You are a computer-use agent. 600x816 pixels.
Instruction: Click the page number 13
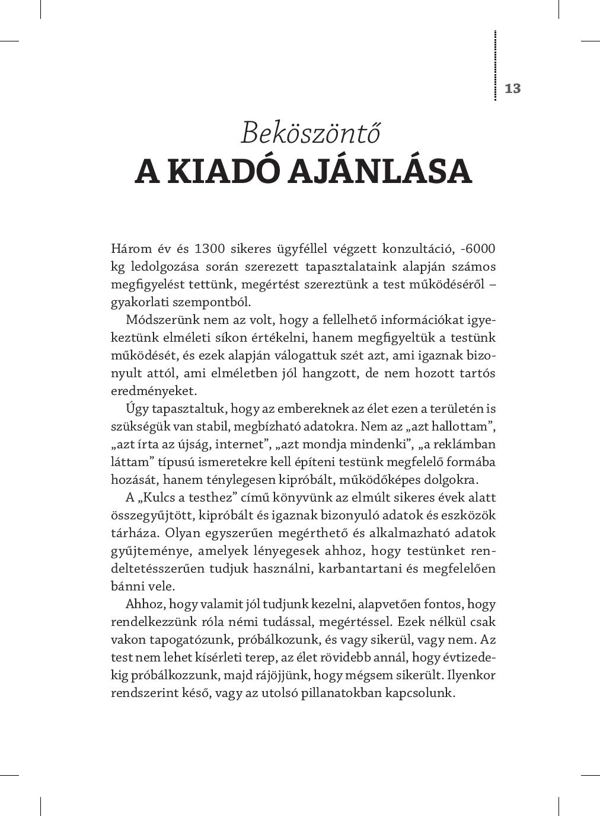tap(512, 89)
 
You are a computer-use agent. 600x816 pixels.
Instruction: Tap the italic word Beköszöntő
tap(310, 133)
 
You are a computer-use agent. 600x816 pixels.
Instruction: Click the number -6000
tap(478, 249)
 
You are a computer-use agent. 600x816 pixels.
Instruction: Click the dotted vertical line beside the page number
tap(495, 65)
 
